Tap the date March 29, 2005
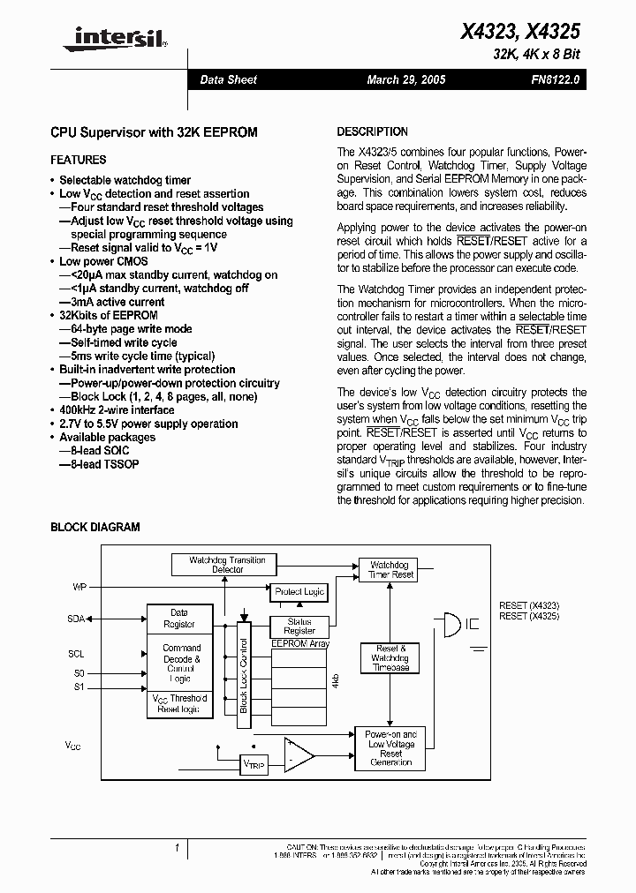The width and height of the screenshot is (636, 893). point(406,79)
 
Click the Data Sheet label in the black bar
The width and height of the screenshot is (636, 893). point(228,79)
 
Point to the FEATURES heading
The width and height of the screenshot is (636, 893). point(79,160)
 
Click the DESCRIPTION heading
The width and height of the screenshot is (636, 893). point(373,131)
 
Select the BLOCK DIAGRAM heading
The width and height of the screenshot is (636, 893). point(95,527)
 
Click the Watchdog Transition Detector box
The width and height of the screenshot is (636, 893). point(227,565)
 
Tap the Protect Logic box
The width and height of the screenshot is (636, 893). point(300,591)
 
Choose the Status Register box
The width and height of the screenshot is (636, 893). point(300,626)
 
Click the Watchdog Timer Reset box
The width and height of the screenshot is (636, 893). point(390,569)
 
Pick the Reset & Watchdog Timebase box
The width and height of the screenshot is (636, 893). point(390,658)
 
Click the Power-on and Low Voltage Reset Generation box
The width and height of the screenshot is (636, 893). point(390,748)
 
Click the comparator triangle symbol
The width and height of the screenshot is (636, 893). point(299,754)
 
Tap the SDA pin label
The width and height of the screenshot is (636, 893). point(76,619)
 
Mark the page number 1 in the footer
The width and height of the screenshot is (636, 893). point(178,848)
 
